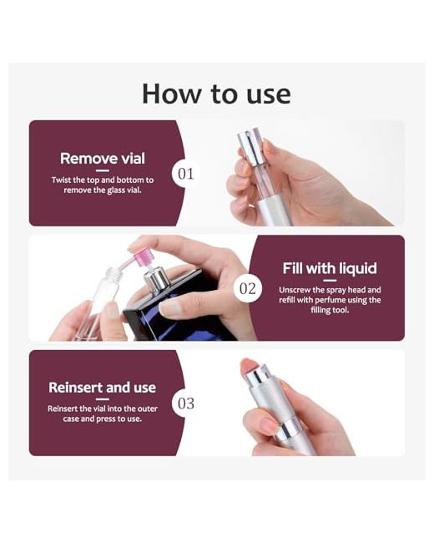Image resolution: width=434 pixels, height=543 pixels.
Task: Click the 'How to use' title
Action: [x=217, y=94]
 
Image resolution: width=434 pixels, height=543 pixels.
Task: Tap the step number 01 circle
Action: [x=186, y=174]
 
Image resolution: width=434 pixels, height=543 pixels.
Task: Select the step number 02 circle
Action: [x=248, y=288]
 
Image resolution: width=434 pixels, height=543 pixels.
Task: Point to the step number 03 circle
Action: [x=186, y=403]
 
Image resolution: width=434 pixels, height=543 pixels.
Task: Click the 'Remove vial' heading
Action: [x=103, y=159]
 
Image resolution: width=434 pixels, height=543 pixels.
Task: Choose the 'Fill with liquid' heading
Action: [x=330, y=268]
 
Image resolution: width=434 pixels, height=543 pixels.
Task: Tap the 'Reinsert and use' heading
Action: [x=103, y=388]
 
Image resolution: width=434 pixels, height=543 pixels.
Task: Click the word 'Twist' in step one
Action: [x=61, y=180]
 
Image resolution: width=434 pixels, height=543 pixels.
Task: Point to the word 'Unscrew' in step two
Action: [x=293, y=290]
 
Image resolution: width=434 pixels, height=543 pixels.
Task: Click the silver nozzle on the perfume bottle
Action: [x=156, y=279]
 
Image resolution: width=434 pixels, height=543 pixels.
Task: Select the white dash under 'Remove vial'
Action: [x=103, y=170]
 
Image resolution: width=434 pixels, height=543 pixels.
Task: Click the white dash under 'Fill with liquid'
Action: [x=330, y=281]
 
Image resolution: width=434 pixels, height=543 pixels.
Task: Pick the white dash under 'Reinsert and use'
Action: [x=103, y=399]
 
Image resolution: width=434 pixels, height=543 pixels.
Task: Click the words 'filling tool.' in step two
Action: [x=330, y=310]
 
